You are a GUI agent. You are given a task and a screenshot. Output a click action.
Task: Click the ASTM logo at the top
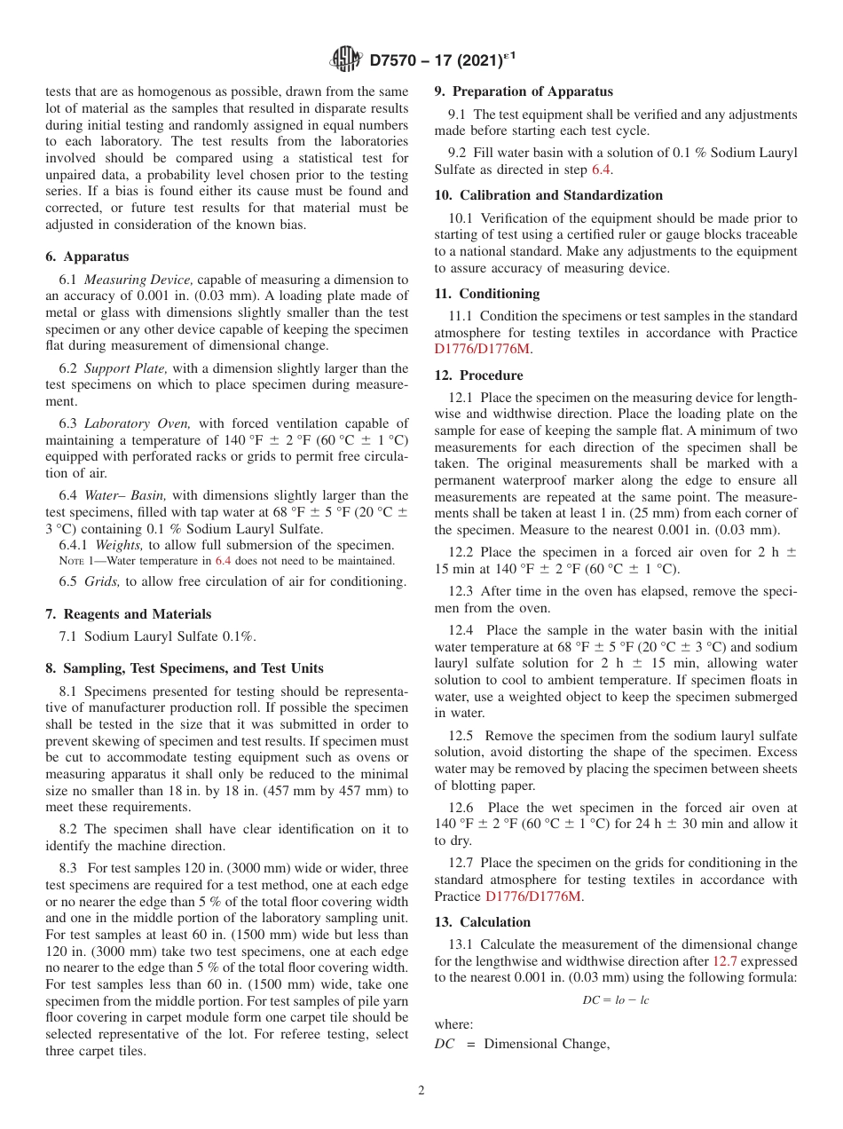click(344, 59)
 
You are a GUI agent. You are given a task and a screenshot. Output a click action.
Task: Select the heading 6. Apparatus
click(87, 257)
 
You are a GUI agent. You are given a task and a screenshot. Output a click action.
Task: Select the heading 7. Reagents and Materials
click(129, 614)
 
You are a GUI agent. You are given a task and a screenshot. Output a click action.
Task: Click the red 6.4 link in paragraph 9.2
click(601, 170)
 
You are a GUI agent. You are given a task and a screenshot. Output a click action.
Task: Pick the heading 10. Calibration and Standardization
click(548, 195)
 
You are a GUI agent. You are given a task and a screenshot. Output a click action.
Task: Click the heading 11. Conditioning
click(486, 293)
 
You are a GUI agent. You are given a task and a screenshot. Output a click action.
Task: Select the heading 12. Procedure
click(478, 375)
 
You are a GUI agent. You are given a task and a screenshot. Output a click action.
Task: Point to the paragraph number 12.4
click(461, 630)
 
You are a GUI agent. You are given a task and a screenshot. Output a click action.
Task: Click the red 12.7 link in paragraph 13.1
click(725, 961)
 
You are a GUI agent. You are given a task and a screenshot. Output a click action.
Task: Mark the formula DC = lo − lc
click(615, 999)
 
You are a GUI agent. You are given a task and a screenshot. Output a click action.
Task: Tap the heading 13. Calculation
click(482, 922)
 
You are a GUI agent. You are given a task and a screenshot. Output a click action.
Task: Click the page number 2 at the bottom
click(421, 1091)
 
